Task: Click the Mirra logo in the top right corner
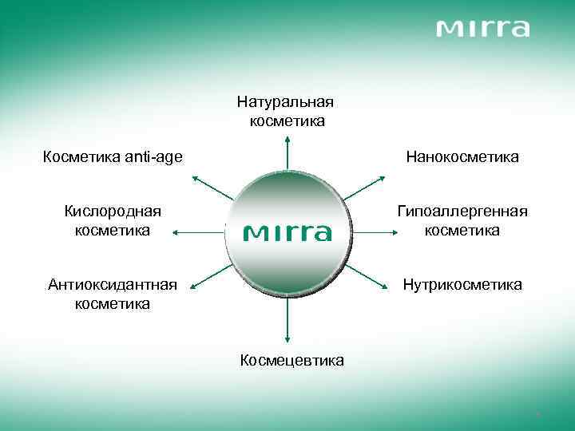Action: (483, 30)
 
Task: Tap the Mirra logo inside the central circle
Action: (287, 232)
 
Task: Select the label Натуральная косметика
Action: (285, 112)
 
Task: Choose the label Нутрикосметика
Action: (462, 284)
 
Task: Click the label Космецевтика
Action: (292, 360)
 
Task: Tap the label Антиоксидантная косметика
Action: (112, 294)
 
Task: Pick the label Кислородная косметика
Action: (112, 221)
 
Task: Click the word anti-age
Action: (152, 157)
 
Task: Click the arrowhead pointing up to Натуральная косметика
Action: (287, 141)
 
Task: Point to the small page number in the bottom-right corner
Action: (540, 414)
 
